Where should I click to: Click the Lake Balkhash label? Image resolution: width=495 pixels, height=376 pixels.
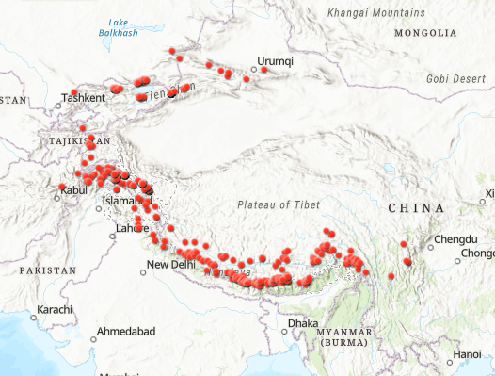click(118, 27)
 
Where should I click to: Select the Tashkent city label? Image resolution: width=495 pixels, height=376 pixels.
click(83, 97)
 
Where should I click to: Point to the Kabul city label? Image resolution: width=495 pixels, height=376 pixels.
click(73, 189)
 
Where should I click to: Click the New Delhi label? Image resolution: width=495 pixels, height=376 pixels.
click(170, 265)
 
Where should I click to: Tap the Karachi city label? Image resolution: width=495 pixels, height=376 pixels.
click(55, 310)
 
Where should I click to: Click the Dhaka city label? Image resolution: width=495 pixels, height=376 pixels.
click(304, 323)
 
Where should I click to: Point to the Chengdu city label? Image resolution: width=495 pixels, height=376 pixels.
click(457, 240)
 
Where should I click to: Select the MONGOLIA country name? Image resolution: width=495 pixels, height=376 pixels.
click(425, 33)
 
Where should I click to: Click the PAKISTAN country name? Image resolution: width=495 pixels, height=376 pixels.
click(45, 270)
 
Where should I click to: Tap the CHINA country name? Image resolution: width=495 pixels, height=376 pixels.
click(415, 207)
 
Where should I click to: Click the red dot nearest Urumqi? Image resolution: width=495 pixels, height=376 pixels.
click(264, 70)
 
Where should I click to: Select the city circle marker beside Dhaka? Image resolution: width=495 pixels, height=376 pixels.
click(285, 331)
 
